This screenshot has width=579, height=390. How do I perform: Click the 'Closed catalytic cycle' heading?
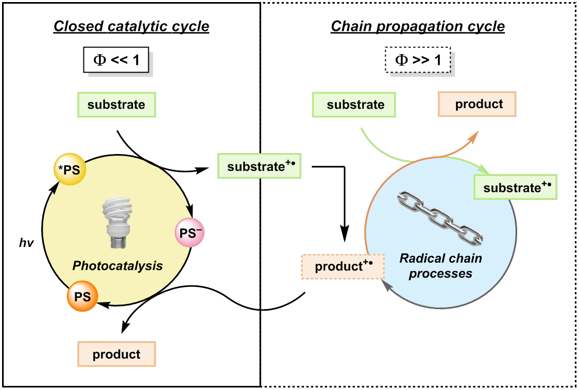point(131,26)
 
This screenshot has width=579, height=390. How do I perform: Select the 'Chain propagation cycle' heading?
point(417,26)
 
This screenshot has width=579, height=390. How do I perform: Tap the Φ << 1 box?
point(116,61)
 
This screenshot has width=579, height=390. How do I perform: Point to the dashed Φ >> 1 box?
point(417,61)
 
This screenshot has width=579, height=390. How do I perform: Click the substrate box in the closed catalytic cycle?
point(116,105)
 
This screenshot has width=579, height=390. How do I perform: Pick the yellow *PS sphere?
point(70,169)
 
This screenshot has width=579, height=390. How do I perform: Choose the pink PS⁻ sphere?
point(191,233)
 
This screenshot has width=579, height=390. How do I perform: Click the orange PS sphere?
point(82,296)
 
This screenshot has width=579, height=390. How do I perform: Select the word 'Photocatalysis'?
point(117,266)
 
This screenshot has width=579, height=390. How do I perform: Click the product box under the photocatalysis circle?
point(116,354)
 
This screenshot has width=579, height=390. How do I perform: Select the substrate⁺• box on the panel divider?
point(259,166)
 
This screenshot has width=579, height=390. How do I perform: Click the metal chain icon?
point(440,218)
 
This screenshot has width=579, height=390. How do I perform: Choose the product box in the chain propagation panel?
point(477,104)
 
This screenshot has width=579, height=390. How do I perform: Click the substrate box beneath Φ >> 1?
point(354,105)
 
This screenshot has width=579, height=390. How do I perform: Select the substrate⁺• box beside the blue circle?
point(515,187)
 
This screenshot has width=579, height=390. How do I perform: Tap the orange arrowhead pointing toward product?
point(474,135)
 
